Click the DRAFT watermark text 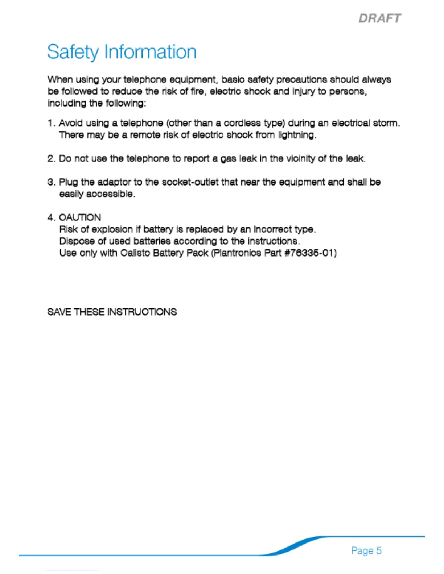click(380, 18)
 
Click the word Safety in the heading click(73, 52)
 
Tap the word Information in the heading click(150, 52)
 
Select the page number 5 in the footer click(378, 550)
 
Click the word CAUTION click(80, 217)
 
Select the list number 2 click(51, 159)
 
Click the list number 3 click(51, 182)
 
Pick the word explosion click(112, 229)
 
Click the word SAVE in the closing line click(59, 312)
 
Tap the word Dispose click(77, 241)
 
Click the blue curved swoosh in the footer click(294, 546)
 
